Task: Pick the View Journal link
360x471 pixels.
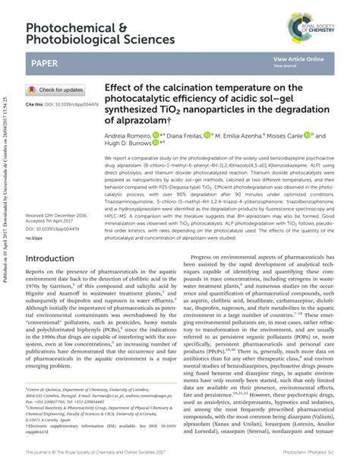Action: (x=286, y=66)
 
